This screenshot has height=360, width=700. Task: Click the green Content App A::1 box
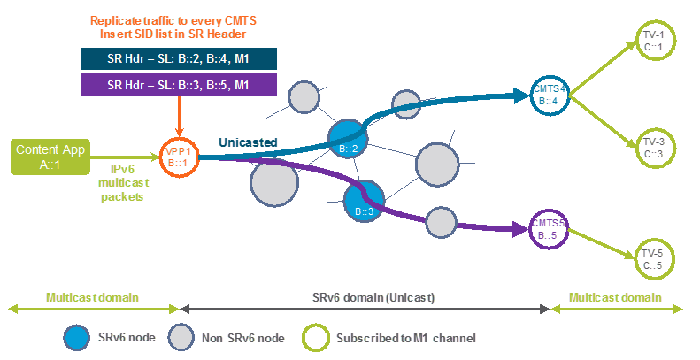click(50, 157)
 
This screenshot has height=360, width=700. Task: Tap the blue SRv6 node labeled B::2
click(348, 139)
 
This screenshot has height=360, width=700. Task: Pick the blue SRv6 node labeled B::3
click(365, 201)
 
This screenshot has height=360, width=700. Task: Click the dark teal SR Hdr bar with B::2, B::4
click(179, 59)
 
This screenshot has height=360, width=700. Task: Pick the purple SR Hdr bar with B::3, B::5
click(179, 85)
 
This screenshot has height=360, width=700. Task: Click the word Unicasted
click(248, 142)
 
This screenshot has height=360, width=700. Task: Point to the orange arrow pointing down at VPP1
click(179, 117)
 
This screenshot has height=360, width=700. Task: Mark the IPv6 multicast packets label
click(123, 183)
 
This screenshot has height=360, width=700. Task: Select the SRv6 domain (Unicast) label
click(373, 297)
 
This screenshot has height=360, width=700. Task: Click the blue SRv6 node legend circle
click(78, 338)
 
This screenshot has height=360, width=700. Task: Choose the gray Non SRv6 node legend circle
click(181, 338)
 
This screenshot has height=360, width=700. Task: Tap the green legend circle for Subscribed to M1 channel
click(316, 338)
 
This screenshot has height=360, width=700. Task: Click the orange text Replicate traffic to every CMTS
click(173, 20)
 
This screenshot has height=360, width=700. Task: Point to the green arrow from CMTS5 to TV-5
click(602, 243)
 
